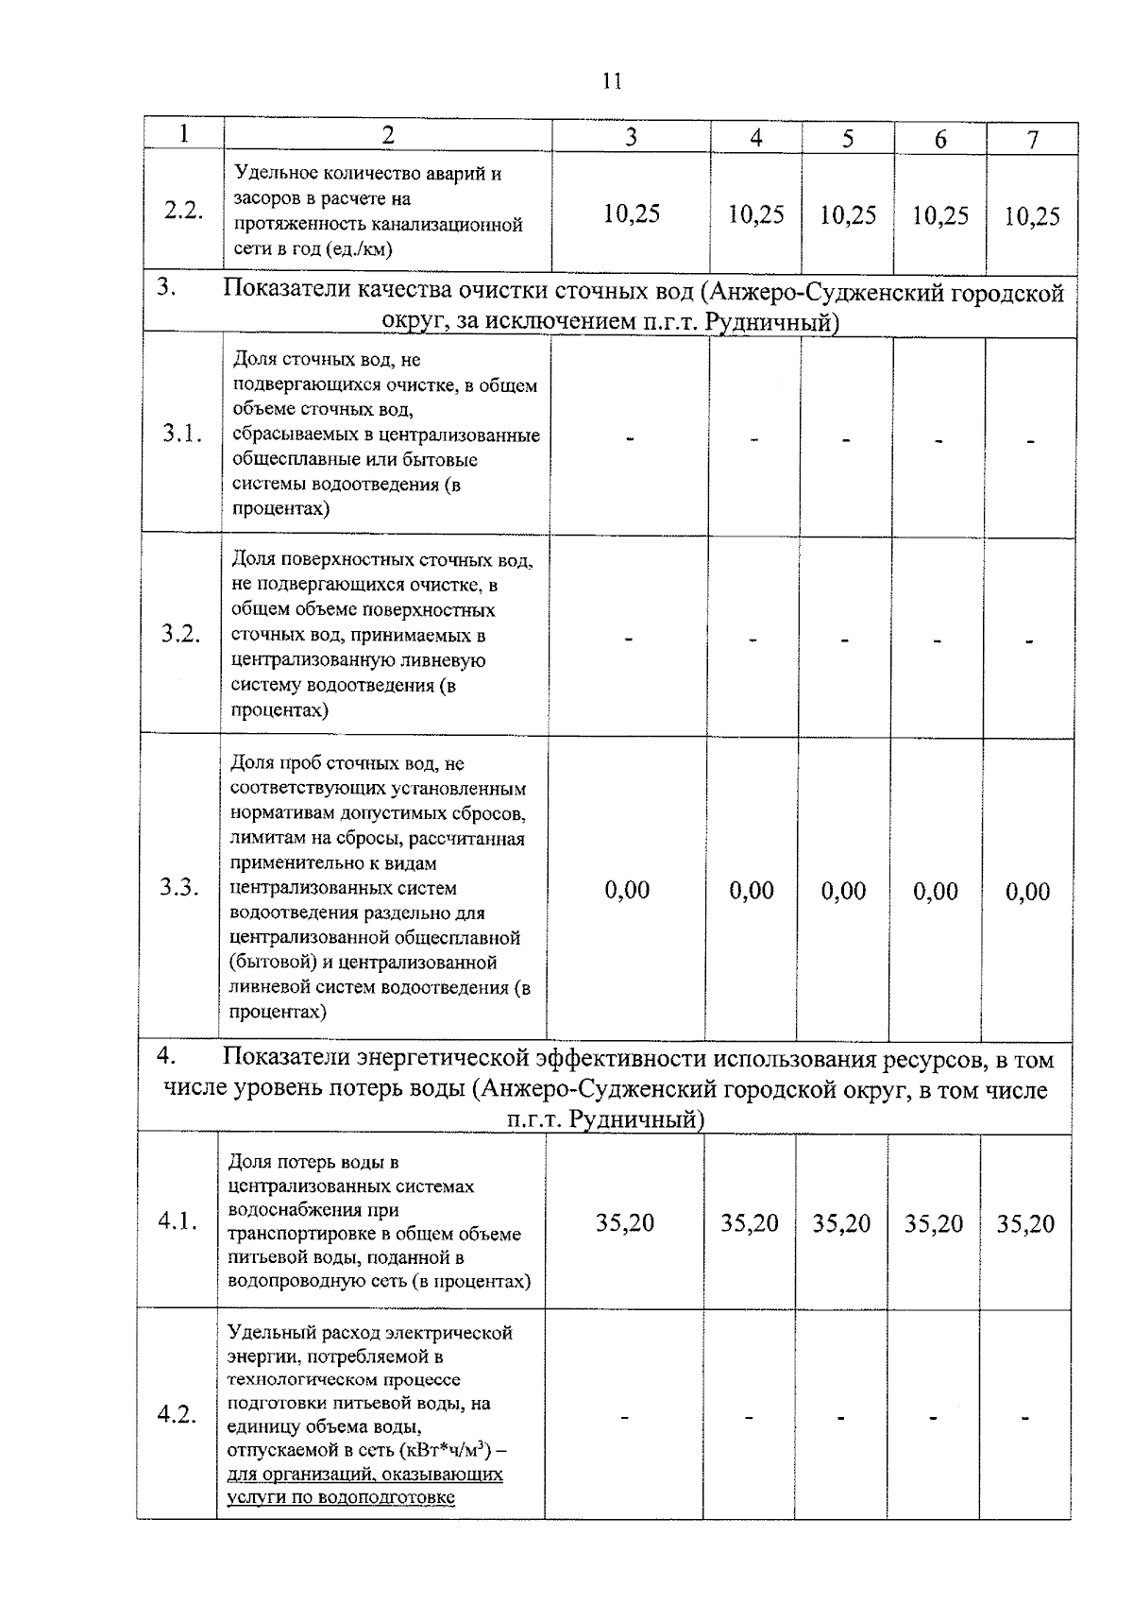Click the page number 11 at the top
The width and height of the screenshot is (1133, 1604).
coord(611,81)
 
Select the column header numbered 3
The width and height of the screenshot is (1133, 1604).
coord(631,137)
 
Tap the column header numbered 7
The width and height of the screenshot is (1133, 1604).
coord(1032,140)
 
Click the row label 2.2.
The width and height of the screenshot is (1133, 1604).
coord(183,211)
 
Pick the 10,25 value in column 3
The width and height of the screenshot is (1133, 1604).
coord(631,213)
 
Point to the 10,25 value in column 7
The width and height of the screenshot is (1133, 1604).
coord(1031,216)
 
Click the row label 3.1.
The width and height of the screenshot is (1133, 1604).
coord(181,435)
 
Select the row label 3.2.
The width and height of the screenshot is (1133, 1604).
coord(179,634)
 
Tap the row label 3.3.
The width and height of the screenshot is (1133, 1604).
coord(178,887)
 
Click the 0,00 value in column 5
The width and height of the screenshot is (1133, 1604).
coord(843,891)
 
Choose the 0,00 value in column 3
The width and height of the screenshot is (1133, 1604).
coord(627,890)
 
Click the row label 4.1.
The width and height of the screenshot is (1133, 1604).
coord(178,1221)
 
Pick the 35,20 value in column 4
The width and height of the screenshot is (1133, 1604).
coord(750,1223)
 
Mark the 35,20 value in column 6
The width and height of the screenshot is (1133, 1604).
coord(933,1224)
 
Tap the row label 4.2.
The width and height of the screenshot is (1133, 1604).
coord(177,1415)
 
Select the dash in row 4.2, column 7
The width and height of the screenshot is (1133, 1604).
coord(1024,1418)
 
